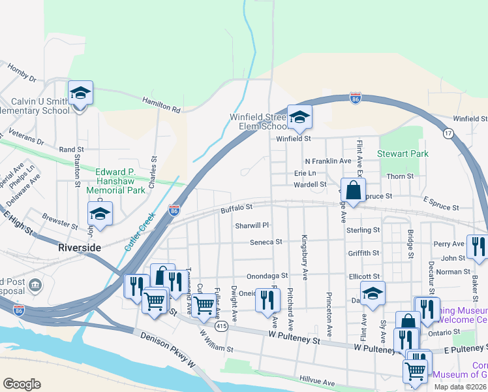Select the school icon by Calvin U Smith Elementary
pyautogui.click(x=80, y=93)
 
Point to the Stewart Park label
pyautogui.click(x=403, y=154)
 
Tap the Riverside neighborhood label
pyautogui.click(x=79, y=248)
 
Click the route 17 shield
pyautogui.click(x=448, y=133)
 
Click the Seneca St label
pyautogui.click(x=266, y=242)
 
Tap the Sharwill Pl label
pyautogui.click(x=252, y=225)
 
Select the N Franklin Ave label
pyautogui.click(x=328, y=161)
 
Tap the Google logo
pyautogui.click(x=22, y=384)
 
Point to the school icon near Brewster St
pyautogui.click(x=100, y=214)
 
